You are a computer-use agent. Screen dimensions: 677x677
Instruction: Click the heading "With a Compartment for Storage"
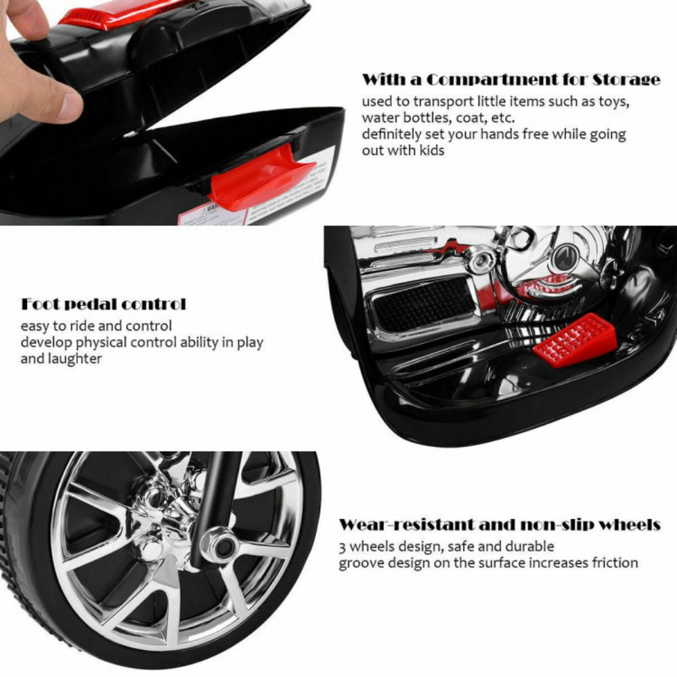click(x=510, y=80)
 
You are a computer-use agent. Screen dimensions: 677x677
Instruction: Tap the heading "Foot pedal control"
click(x=103, y=304)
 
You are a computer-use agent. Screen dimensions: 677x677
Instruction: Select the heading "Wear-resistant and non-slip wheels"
click(x=500, y=525)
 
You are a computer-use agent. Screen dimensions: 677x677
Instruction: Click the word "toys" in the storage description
click(x=614, y=102)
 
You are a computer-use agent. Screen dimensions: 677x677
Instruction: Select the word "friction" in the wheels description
click(x=613, y=563)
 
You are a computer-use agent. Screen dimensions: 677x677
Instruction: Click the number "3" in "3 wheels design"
click(x=343, y=546)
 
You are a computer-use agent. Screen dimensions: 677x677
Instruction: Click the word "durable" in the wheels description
click(x=530, y=546)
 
